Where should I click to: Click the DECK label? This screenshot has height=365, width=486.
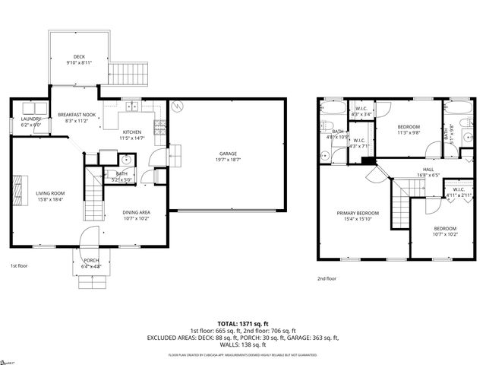coord(79,57)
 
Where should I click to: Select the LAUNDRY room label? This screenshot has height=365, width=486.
coord(31,119)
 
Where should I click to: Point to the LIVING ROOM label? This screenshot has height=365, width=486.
coord(51,193)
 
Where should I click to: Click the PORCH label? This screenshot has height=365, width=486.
coord(91,261)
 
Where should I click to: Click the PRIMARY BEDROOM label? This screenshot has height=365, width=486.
coord(357,214)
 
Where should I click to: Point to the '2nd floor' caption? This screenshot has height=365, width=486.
coord(327,279)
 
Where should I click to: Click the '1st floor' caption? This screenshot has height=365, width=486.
coord(19,266)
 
